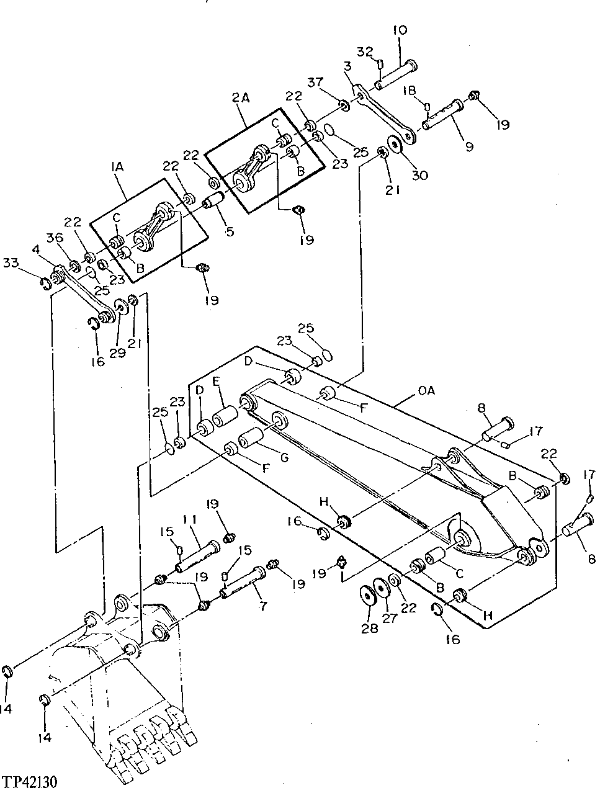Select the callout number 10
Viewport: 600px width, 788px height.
[x=400, y=30]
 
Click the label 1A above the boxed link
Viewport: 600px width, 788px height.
[x=117, y=167]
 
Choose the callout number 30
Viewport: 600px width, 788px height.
[x=419, y=176]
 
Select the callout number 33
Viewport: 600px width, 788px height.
[x=28, y=262]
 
